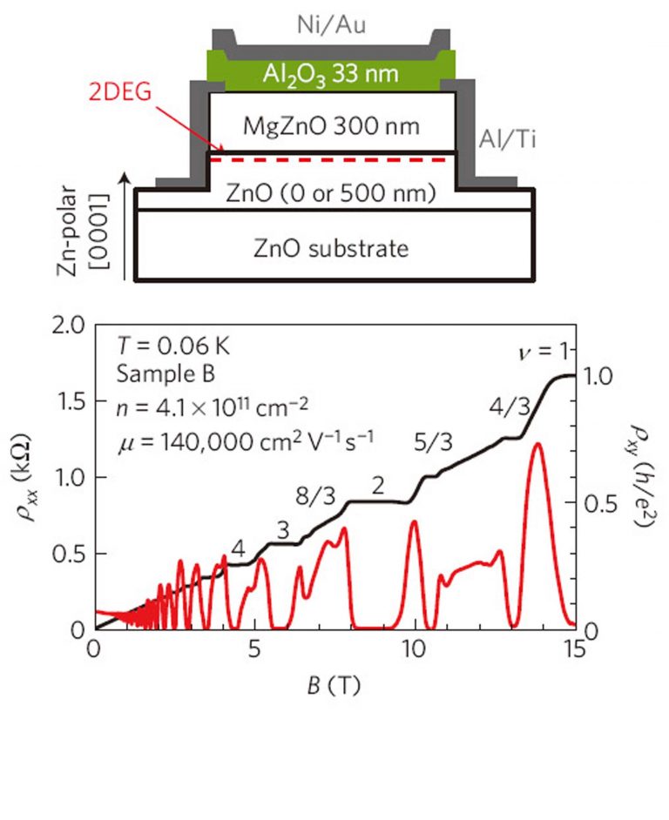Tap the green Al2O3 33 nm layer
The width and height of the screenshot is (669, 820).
tap(331, 71)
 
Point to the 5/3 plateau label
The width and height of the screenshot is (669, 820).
tap(434, 442)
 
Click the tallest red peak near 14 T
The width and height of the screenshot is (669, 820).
tap(537, 446)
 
